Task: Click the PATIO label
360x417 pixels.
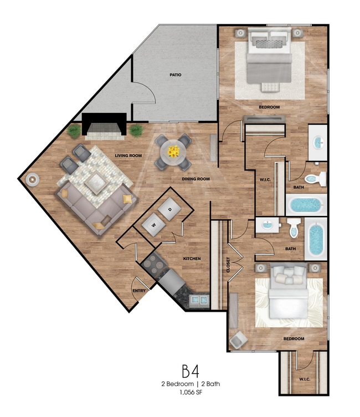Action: click(x=176, y=75)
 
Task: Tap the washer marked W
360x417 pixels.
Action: click(x=153, y=225)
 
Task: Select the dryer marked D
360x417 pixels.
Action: click(x=169, y=209)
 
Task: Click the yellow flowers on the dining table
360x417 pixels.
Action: click(x=173, y=152)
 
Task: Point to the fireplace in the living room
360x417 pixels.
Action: click(x=104, y=127)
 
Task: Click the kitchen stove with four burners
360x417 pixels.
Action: click(x=154, y=264)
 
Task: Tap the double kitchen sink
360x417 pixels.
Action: click(x=199, y=300)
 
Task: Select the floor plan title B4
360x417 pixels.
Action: click(x=191, y=371)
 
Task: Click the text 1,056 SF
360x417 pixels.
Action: click(x=191, y=392)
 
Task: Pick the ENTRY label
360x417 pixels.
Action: click(x=139, y=291)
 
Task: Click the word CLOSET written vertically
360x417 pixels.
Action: click(x=228, y=265)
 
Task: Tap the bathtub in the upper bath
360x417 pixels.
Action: click(x=306, y=205)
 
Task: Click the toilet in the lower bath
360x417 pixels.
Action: click(x=294, y=228)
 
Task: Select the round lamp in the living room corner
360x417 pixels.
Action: click(x=33, y=180)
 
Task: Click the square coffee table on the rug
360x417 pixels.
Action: click(x=95, y=183)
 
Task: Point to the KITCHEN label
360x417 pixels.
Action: click(x=192, y=259)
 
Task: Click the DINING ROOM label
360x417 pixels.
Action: click(x=196, y=179)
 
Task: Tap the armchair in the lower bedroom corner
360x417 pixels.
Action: click(x=238, y=340)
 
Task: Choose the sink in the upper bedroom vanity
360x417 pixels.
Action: click(x=318, y=142)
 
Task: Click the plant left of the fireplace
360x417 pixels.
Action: click(x=74, y=131)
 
